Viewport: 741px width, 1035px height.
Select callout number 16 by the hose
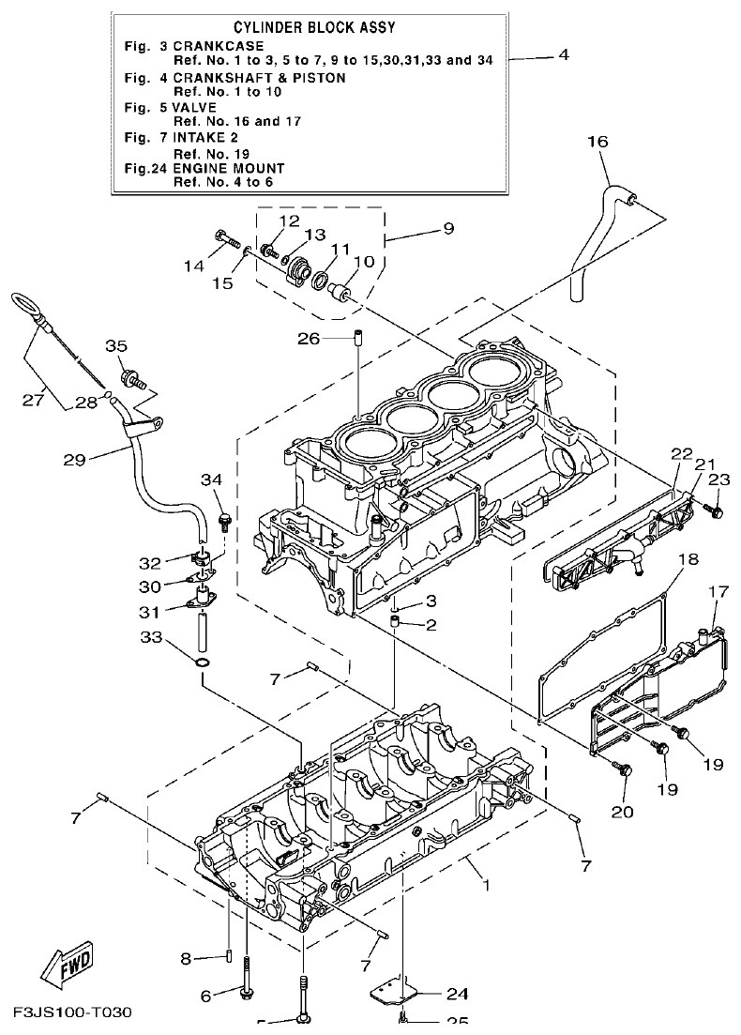coord(597,142)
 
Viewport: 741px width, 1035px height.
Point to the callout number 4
coord(563,55)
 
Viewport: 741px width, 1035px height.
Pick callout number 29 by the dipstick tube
coord(74,459)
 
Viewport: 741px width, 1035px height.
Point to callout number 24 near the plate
coord(457,994)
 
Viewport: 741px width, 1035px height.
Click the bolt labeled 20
coord(623,770)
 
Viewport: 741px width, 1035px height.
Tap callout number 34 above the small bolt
coord(213,480)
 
